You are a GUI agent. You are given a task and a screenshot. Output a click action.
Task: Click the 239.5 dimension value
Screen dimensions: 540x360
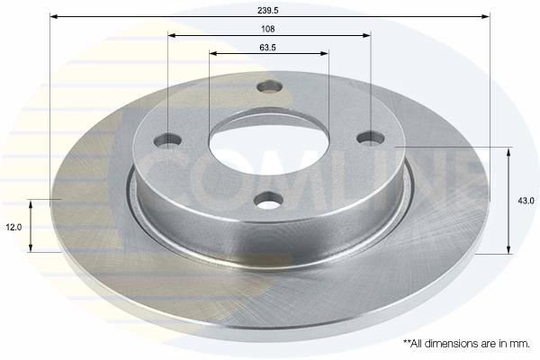pyautogui.click(x=268, y=10)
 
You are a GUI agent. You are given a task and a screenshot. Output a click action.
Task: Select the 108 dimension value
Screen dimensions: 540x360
pyautogui.click(x=268, y=29)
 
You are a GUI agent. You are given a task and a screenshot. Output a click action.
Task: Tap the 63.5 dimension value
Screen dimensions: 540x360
pyautogui.click(x=268, y=48)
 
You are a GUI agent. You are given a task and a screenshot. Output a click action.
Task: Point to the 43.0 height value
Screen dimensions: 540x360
pyautogui.click(x=526, y=201)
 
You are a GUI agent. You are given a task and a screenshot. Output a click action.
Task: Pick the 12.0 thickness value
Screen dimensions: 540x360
pyautogui.click(x=13, y=228)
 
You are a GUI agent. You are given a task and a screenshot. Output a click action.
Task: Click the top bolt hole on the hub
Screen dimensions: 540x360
pyautogui.click(x=270, y=86)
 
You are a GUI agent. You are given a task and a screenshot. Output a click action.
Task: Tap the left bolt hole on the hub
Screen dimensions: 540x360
pyautogui.click(x=167, y=140)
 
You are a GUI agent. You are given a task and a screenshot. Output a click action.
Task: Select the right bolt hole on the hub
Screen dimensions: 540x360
pyautogui.click(x=371, y=138)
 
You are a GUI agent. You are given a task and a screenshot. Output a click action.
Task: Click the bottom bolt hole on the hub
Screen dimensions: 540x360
pyautogui.click(x=269, y=201)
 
